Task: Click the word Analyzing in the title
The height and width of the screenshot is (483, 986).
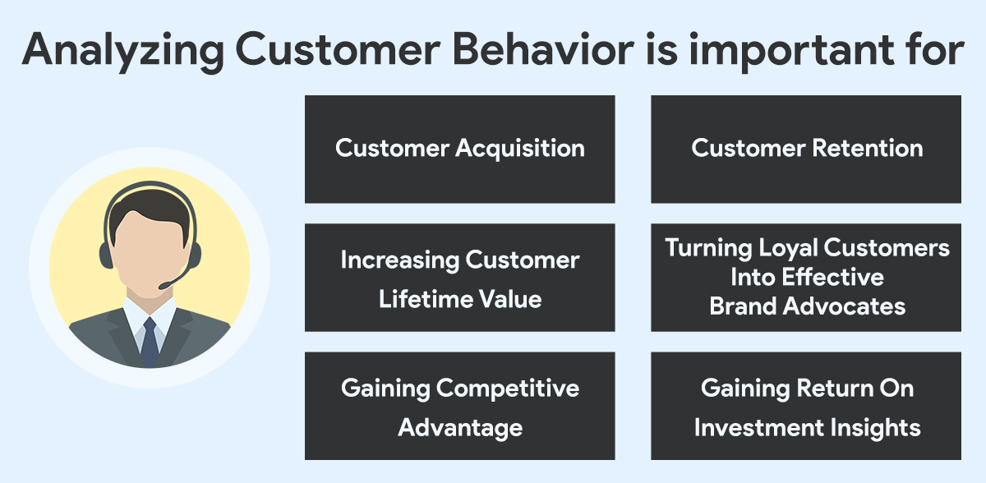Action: pos(122,52)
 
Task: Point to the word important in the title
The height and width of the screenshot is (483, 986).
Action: pos(791,52)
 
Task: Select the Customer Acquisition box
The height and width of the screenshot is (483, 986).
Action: pos(459,149)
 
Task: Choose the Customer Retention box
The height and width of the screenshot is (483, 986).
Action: pos(805,149)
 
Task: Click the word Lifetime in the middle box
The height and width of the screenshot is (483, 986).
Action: pos(426,299)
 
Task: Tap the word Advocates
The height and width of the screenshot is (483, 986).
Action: pos(844,306)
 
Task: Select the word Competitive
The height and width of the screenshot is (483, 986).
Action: pos(508,389)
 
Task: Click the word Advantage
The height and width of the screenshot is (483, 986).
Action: pos(460,429)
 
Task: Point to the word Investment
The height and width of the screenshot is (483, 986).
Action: pos(754,427)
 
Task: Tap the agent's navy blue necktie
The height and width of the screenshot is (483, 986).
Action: pos(150,343)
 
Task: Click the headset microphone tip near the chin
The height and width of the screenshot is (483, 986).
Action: pos(163,286)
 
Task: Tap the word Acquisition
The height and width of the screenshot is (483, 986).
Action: pos(520,149)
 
